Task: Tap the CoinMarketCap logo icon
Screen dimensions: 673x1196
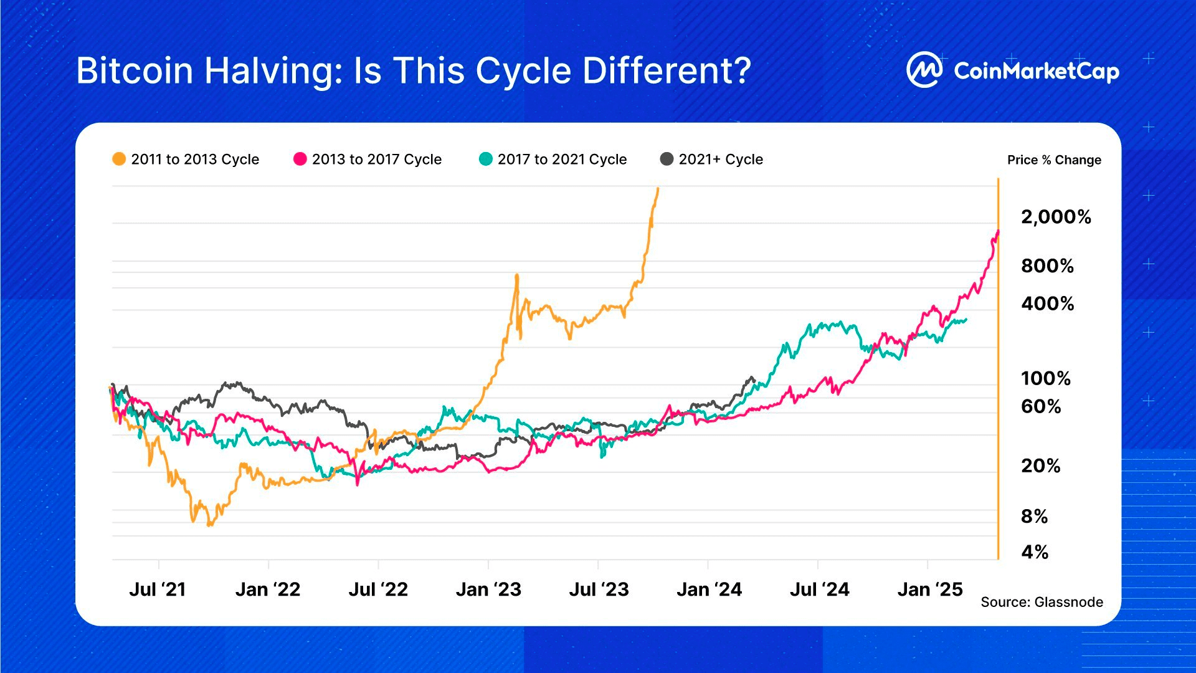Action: click(924, 70)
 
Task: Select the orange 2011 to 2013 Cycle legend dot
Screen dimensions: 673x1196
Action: click(118, 159)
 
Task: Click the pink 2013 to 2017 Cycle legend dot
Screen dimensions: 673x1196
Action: click(300, 159)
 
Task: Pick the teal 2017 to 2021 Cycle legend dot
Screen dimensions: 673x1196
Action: click(485, 159)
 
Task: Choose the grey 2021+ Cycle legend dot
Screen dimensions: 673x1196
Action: click(667, 159)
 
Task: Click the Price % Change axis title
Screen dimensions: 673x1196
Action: click(1054, 160)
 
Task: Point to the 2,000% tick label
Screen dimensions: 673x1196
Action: click(1056, 217)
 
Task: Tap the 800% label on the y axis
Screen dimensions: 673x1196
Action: click(1047, 266)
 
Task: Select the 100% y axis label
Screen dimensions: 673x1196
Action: click(1045, 378)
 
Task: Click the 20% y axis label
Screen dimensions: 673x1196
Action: click(1040, 465)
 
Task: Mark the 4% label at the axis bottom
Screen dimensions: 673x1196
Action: click(1034, 552)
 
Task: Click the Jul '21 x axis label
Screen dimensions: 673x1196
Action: click(158, 589)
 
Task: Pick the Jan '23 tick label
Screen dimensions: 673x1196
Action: click(488, 589)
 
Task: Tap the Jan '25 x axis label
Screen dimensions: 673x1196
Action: click(929, 589)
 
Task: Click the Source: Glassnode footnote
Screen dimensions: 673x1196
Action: click(1042, 602)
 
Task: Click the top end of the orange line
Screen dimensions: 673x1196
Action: click(658, 188)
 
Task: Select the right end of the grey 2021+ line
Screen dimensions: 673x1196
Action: click(754, 379)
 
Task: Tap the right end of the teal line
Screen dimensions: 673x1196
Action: click(966, 320)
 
